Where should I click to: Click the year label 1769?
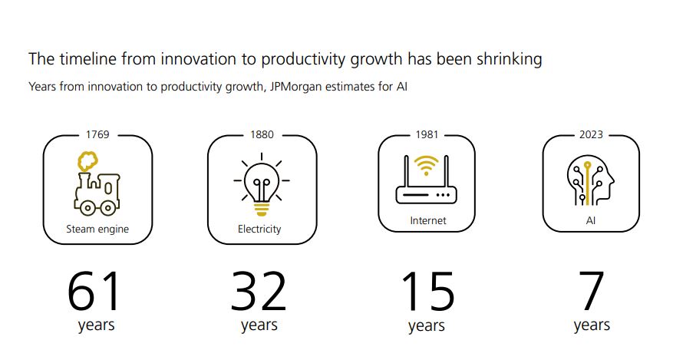pyautogui.click(x=97, y=134)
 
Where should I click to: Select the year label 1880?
pyautogui.click(x=262, y=134)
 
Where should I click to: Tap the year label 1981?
pyautogui.click(x=427, y=134)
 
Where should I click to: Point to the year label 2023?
pyautogui.click(x=591, y=134)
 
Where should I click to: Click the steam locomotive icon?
pyautogui.click(x=97, y=184)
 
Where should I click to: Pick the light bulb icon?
pyautogui.click(x=262, y=184)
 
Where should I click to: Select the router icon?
pyautogui.click(x=426, y=180)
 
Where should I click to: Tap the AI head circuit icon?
pyautogui.click(x=591, y=180)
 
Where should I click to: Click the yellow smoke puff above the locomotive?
pyautogui.click(x=88, y=162)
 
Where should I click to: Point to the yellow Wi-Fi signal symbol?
pyautogui.click(x=426, y=166)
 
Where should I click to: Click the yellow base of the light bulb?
pyautogui.click(x=262, y=209)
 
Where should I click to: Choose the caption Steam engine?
pyautogui.click(x=97, y=230)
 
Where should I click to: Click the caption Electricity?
pyautogui.click(x=259, y=230)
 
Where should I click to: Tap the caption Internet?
pyautogui.click(x=428, y=220)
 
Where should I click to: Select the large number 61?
pyautogui.click(x=94, y=292)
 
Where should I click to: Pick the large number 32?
pyautogui.click(x=259, y=292)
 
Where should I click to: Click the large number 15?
pyautogui.click(x=427, y=292)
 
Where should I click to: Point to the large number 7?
pyautogui.click(x=591, y=291)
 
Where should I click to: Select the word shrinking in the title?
pyautogui.click(x=509, y=59)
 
